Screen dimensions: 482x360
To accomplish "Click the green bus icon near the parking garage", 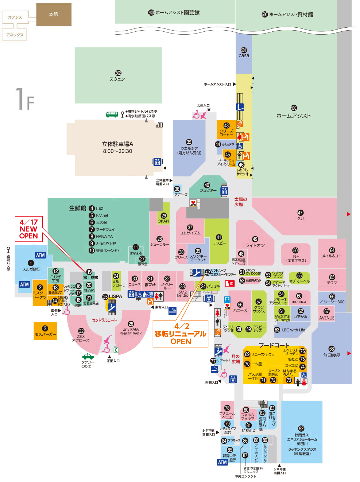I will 112,114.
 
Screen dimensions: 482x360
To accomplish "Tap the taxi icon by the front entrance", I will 88,356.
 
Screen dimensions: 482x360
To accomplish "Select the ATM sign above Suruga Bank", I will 40,255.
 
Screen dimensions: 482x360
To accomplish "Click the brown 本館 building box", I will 54,15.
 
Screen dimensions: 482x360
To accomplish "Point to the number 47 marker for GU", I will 300,213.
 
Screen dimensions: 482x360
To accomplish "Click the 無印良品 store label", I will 332,355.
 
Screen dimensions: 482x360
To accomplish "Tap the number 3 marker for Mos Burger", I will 45,328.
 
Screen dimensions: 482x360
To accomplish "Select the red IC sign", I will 230,283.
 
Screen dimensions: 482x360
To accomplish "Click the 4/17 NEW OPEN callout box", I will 29,229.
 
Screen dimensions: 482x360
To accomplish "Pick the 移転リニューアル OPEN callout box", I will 181,334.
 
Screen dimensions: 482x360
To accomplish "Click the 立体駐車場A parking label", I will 117,147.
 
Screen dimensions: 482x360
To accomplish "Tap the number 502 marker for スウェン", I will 118,73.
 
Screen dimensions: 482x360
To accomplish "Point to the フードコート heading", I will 274,345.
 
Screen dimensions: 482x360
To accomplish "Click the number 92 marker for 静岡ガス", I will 301,428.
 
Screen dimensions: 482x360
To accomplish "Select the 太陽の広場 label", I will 240,202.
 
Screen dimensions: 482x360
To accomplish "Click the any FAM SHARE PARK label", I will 131,331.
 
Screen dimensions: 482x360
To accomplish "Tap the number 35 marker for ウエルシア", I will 189,142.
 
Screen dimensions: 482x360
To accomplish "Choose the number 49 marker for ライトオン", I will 255,239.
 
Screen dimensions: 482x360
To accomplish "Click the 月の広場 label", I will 236,359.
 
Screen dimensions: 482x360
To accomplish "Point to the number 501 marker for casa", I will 244,50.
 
